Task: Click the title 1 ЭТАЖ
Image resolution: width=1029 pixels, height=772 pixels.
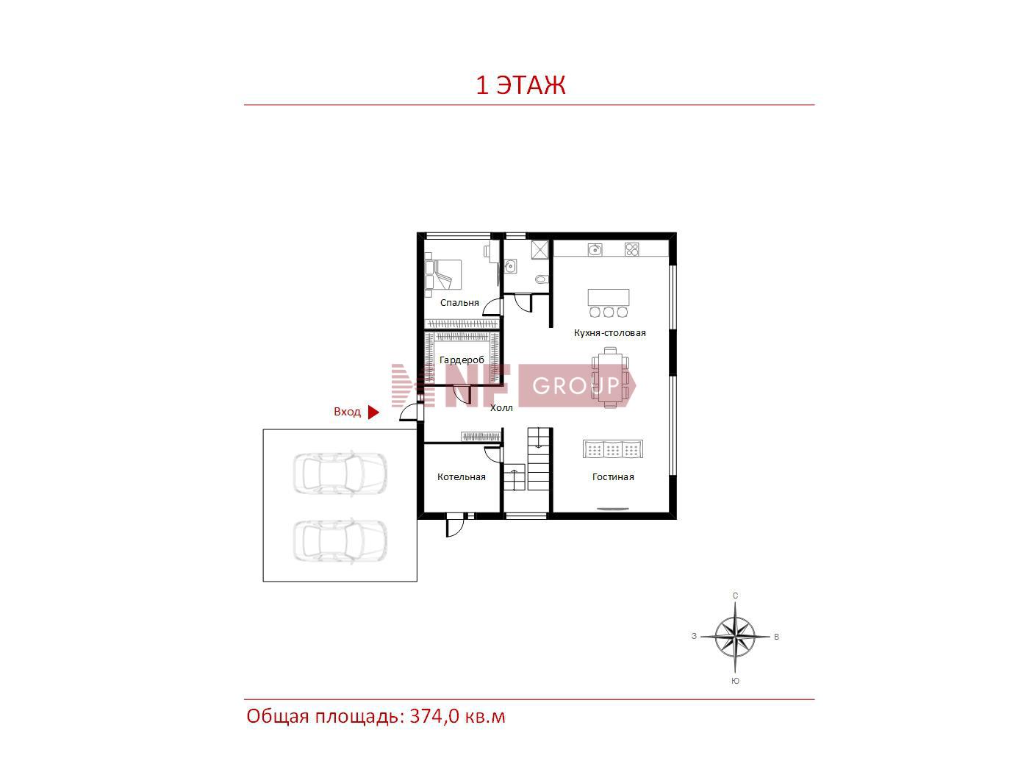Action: point(520,85)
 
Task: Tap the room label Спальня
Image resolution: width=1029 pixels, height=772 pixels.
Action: point(459,303)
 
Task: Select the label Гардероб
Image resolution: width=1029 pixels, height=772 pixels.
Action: point(462,360)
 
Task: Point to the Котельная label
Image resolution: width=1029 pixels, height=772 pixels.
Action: point(462,476)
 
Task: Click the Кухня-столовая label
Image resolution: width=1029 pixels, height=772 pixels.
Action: point(610,333)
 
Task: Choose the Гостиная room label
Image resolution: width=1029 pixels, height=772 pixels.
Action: point(613,476)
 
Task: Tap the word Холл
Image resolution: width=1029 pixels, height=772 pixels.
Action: point(501,408)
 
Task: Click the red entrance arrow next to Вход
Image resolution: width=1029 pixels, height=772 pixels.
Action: point(373,412)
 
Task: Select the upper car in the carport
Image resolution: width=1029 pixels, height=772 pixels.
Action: point(340,473)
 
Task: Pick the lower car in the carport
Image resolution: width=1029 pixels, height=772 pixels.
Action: point(340,541)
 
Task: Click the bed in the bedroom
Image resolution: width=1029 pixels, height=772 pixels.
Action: point(443,275)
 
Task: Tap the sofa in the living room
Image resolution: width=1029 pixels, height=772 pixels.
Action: point(613,449)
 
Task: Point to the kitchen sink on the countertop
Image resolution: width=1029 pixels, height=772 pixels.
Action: point(595,249)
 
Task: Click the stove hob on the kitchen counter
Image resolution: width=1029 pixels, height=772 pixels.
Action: point(632,249)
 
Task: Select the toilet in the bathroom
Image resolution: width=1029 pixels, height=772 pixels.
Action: point(542,279)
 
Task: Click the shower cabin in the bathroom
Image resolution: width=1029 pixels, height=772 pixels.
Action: point(539,250)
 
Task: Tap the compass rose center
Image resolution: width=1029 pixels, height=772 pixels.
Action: point(735,637)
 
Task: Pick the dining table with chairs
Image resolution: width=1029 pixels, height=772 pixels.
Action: point(610,378)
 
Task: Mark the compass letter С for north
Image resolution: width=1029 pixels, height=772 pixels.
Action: point(736,596)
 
